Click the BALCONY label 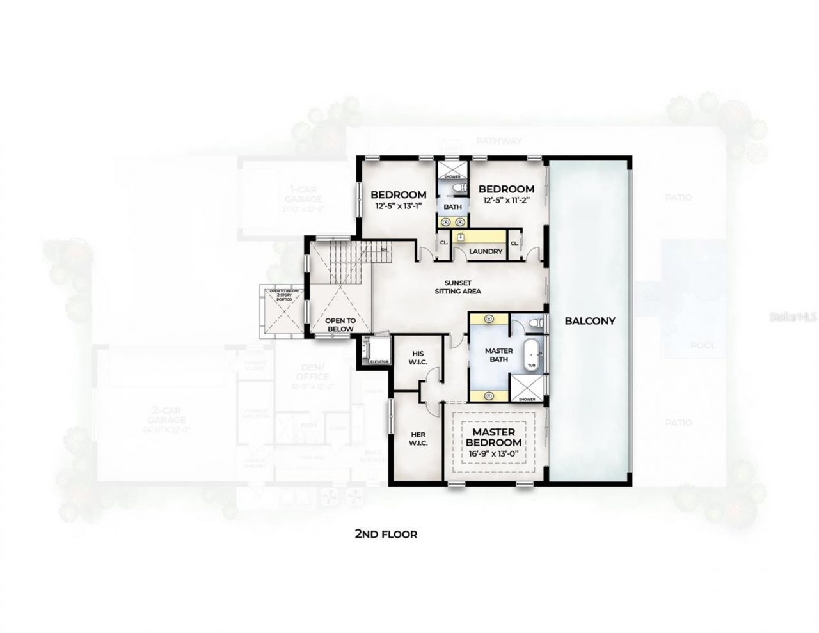point(589,321)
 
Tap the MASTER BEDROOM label point(493,437)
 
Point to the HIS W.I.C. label point(417,358)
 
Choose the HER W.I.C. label point(418,438)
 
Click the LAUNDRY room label point(485,251)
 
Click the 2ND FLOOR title point(386,533)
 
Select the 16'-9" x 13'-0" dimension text point(493,454)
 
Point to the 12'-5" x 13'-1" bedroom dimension point(399,206)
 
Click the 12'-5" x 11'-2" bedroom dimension point(506,201)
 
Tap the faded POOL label point(703,346)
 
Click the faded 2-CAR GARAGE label point(165,415)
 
